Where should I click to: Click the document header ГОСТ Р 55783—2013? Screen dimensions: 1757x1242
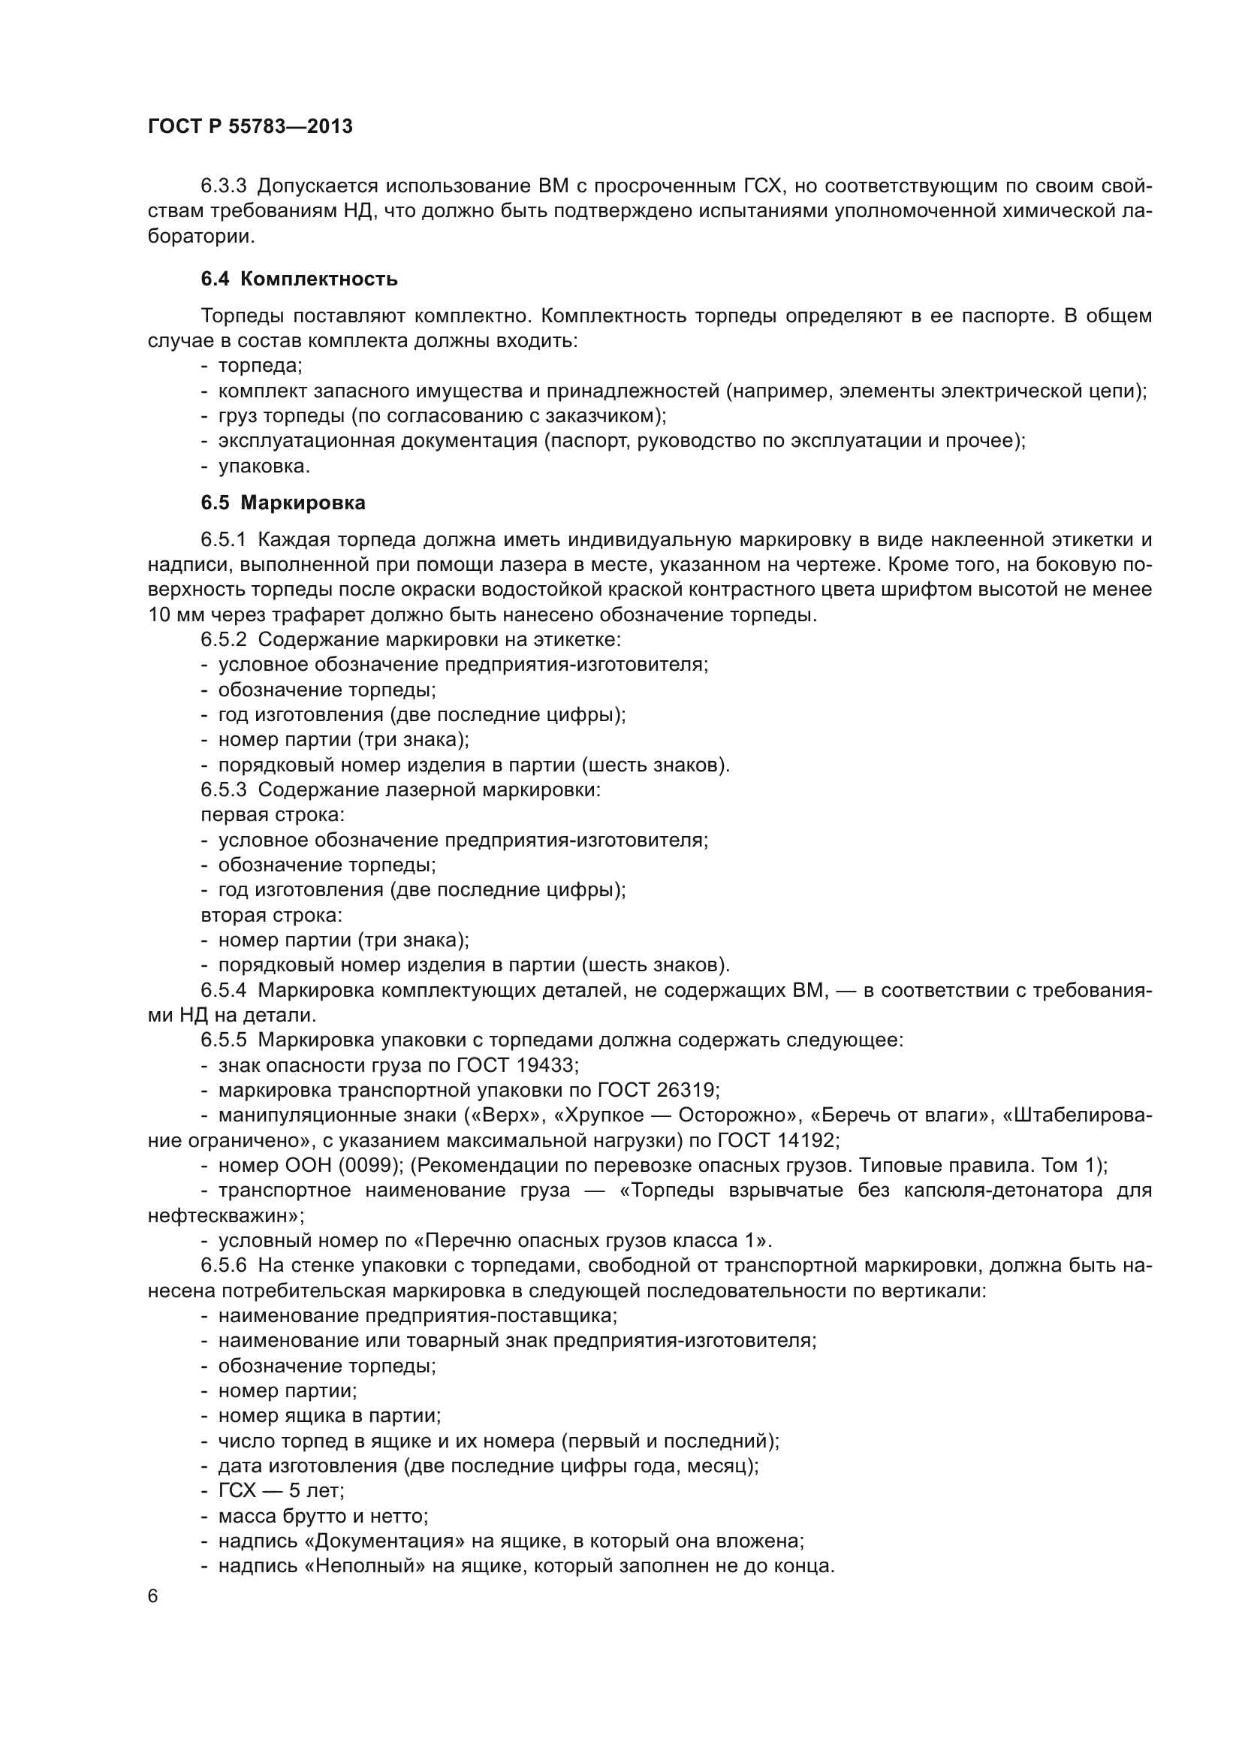coord(250,127)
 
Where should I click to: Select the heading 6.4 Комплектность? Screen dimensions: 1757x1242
coord(299,279)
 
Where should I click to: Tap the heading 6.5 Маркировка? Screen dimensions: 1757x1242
coord(283,503)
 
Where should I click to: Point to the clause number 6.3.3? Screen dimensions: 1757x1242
coord(223,186)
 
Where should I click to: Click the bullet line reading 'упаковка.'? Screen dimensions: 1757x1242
coord(264,466)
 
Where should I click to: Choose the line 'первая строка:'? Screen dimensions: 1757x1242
coord(273,815)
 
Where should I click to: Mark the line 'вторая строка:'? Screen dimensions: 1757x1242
coord(272,915)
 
